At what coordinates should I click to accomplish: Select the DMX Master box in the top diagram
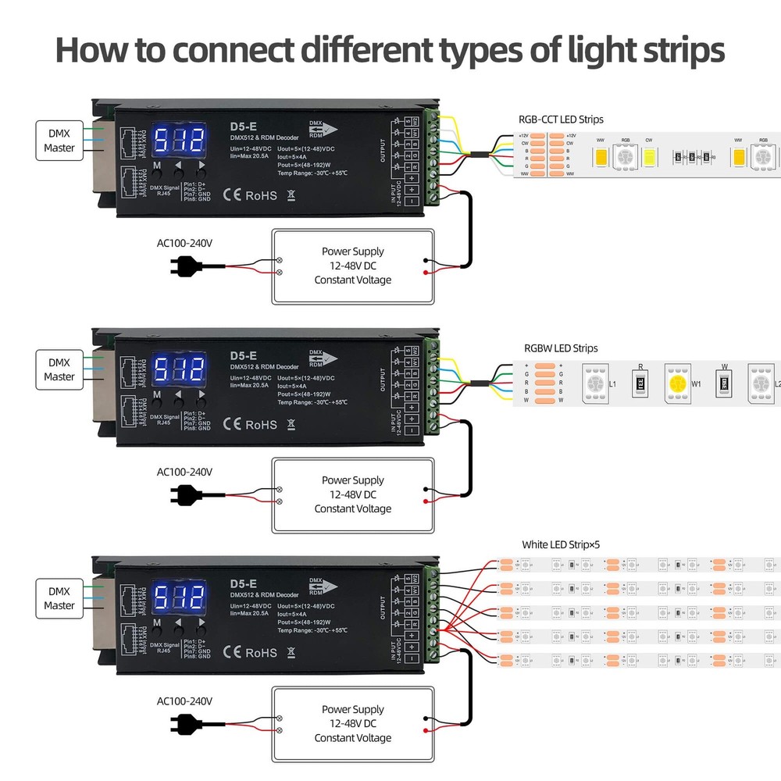point(59,141)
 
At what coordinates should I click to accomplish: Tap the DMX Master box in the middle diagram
point(59,369)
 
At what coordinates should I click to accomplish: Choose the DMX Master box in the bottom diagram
point(59,598)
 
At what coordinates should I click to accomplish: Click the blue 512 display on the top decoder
point(179,141)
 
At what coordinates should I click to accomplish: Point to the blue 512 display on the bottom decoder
point(179,599)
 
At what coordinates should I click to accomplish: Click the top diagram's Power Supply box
point(352,266)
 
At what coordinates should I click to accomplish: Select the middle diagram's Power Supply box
point(352,495)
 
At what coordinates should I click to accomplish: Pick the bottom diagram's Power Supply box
point(352,724)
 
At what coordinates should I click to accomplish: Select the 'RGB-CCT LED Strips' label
point(561,119)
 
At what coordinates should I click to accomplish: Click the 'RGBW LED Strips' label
point(561,348)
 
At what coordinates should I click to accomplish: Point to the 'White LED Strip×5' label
point(561,545)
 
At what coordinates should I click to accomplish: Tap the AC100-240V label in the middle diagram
point(184,472)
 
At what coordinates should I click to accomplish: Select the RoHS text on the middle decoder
point(261,424)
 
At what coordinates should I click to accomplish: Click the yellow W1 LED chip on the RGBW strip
point(679,383)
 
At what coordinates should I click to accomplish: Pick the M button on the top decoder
point(157,166)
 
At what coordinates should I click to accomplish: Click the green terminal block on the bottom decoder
point(432,617)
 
